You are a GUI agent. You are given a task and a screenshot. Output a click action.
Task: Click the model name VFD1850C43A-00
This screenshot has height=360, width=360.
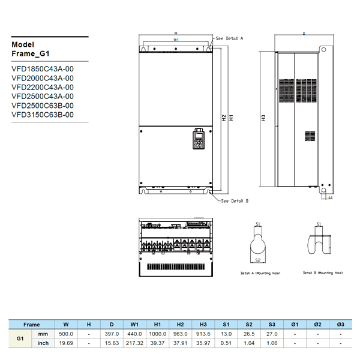pos(43,69)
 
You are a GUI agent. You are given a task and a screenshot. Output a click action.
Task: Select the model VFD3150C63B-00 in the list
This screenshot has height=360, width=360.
pos(43,114)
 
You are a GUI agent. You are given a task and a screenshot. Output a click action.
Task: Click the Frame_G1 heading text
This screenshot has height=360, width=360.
pos(31,53)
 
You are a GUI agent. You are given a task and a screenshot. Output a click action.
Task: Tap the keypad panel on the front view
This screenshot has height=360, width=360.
pos(197,139)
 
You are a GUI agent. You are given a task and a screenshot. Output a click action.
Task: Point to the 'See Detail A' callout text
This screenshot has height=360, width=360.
pos(229,38)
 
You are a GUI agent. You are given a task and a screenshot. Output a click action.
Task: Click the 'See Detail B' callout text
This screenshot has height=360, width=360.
pos(235,201)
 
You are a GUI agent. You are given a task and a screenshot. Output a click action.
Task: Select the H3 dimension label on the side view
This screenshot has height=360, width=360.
pos(263,117)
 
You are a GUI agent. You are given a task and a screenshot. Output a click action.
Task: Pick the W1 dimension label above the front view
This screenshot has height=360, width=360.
pos(176,40)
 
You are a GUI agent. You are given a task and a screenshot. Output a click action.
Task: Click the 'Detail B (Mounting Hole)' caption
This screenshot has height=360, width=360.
pos(316,272)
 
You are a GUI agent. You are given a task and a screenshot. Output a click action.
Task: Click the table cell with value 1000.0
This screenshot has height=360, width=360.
pos(158,334)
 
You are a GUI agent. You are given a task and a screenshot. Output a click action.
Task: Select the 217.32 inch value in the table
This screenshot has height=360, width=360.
pos(135,343)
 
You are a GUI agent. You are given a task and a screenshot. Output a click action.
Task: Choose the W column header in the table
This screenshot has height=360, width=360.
pos(66,324)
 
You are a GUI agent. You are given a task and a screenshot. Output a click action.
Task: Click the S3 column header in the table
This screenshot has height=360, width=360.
pos(272,324)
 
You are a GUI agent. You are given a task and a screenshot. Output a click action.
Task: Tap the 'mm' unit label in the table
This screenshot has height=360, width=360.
pos(43,334)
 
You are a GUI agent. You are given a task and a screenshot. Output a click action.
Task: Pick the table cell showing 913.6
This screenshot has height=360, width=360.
pos(203,334)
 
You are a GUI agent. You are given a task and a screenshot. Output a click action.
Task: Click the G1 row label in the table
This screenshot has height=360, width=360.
pos(19,338)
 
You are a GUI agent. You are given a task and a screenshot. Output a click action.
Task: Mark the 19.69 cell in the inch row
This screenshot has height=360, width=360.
pos(66,343)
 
